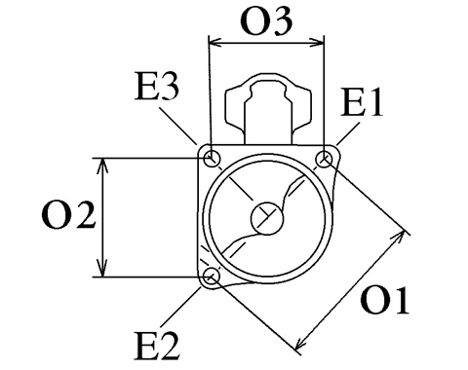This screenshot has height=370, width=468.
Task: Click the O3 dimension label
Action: tap(266, 21)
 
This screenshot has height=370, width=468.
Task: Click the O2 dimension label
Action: tap(68, 215)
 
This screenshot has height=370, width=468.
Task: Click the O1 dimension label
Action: tap(384, 300)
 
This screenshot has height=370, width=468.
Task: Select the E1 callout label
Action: tap(362, 102)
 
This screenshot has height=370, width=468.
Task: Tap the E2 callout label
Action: tap(157, 346)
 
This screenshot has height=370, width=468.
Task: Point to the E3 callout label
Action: tap(157, 86)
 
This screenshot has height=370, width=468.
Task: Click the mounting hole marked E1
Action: tap(324, 160)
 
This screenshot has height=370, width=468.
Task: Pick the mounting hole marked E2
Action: tap(212, 276)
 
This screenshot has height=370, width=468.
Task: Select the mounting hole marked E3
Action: tap(212, 159)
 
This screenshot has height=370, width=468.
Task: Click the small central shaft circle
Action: tap(267, 218)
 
